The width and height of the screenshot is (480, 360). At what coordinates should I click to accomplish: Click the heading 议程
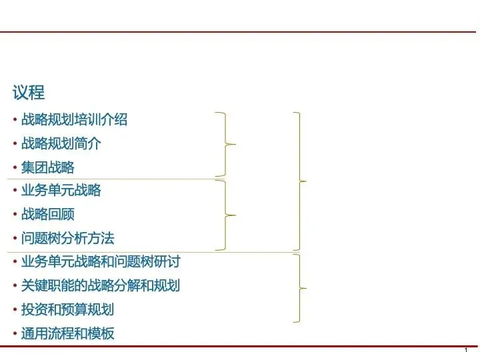28,92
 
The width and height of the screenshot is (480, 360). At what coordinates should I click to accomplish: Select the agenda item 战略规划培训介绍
74,120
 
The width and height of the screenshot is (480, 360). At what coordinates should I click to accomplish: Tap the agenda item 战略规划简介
61,143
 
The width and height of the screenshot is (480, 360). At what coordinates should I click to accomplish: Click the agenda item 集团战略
47,167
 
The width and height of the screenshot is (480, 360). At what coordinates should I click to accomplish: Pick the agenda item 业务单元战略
61,191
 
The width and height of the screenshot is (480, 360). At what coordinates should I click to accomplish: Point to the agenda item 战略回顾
47,215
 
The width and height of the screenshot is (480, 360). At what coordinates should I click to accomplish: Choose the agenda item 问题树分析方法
67,238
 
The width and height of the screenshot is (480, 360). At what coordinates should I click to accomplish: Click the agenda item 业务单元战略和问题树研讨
100,261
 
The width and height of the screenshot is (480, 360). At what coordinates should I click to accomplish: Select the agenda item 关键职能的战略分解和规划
100,285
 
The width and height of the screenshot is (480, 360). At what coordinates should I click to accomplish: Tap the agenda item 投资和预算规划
67,309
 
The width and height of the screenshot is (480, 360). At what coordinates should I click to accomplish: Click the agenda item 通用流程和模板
67,333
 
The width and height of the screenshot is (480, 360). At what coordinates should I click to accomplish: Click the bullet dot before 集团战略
15,167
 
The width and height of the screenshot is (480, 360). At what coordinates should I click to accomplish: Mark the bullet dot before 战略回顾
15,215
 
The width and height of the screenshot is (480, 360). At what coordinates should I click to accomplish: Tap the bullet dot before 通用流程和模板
15,333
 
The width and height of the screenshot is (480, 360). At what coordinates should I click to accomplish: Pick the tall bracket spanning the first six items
301,180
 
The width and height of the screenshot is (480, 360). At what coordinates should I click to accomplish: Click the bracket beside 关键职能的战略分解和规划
301,287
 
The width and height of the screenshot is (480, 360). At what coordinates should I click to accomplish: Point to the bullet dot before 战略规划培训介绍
15,120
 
